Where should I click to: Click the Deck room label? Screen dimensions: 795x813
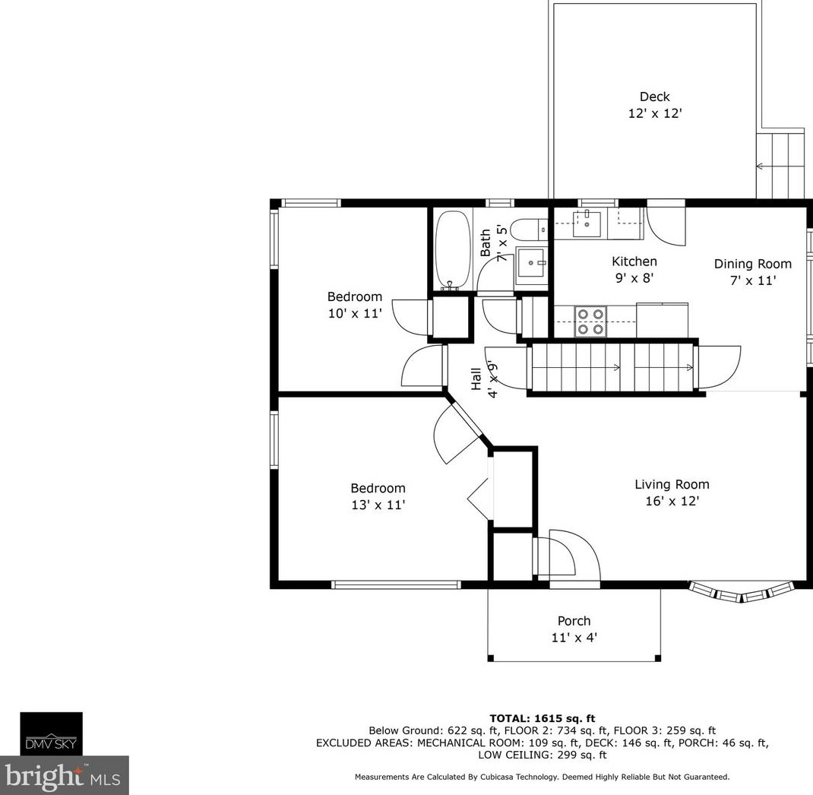[654, 97]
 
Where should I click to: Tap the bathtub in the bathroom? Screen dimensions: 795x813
[451, 249]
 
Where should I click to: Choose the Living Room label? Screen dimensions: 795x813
[672, 484]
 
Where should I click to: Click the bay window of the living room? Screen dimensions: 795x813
[741, 592]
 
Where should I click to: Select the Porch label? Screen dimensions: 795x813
[574, 621]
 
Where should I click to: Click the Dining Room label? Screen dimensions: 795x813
[752, 264]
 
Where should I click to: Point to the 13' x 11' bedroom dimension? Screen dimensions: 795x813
[378, 505]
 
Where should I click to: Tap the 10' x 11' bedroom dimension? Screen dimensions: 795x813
[355, 312]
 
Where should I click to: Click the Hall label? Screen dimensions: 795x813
[476, 379]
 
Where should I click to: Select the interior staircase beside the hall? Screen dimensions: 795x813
[612, 367]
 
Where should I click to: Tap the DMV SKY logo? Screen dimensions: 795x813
[51, 733]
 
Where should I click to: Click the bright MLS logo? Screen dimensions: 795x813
[64, 775]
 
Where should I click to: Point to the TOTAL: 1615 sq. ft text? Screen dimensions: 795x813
[542, 718]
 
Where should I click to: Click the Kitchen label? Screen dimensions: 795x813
[634, 261]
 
